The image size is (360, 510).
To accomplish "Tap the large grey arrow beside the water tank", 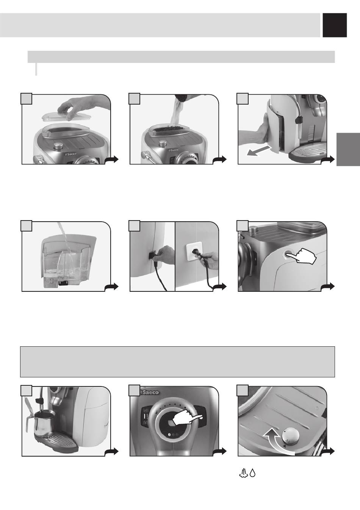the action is [259, 151].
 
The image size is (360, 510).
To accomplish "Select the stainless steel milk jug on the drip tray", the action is [43, 421].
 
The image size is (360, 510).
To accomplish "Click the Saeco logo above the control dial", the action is [149, 392].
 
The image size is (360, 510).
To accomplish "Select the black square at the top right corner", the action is [335, 25].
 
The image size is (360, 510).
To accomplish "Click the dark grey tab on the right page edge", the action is [348, 150].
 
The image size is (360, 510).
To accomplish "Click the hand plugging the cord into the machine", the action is [163, 252].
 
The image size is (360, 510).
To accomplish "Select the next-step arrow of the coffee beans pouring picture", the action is [219, 160].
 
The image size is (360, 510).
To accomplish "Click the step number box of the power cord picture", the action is [135, 225].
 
